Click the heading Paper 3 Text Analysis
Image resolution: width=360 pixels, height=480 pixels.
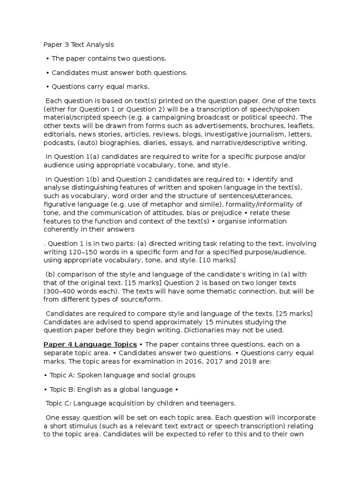coord(78,45)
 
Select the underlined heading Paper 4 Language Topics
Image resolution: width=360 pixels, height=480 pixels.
coord(90,345)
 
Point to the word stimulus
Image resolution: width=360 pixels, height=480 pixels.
coord(81,426)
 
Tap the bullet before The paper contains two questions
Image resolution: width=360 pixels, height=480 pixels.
coord(48,59)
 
